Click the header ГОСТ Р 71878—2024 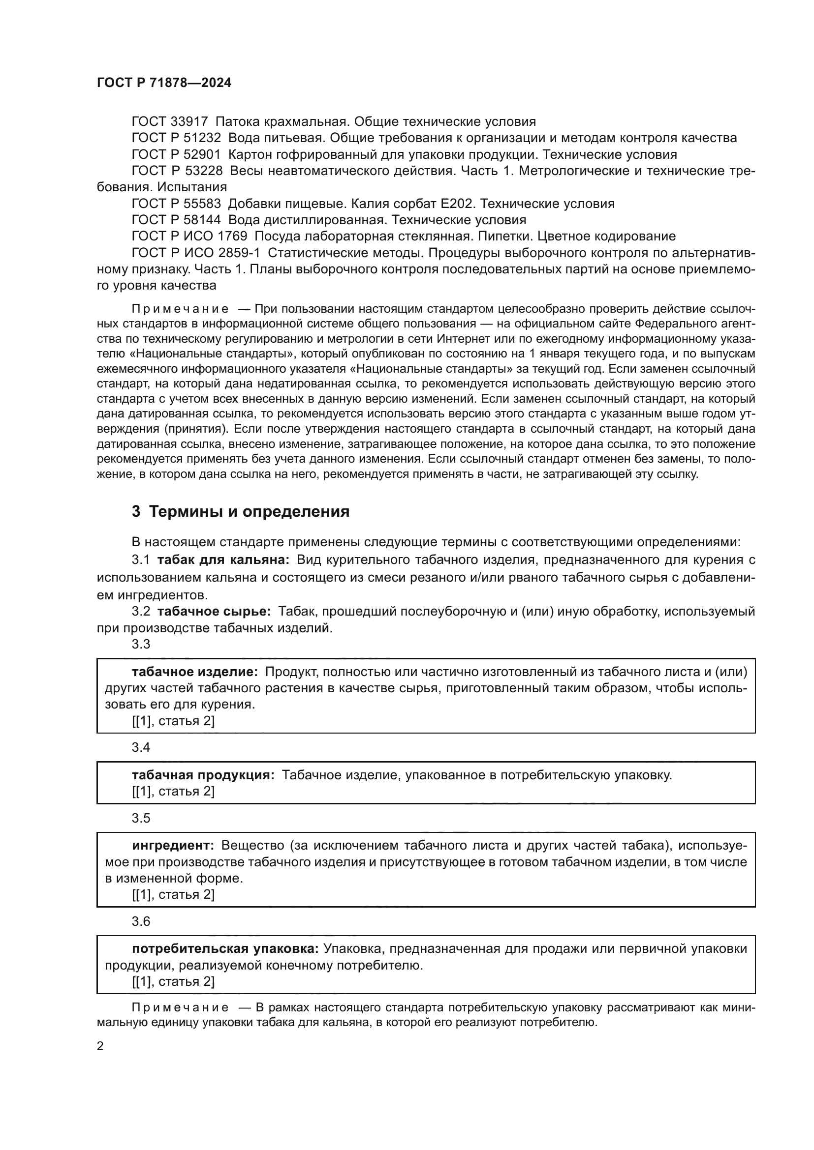pyautogui.click(x=164, y=83)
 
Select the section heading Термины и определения pyautogui.click(x=249, y=512)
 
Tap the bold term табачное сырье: pyautogui.click(x=214, y=612)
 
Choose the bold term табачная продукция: pyautogui.click(x=203, y=775)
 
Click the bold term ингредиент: pyautogui.click(x=173, y=846)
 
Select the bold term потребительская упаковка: pyautogui.click(x=225, y=948)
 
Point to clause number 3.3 pyautogui.click(x=141, y=644)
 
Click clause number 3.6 pyautogui.click(x=141, y=921)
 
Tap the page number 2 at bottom pyautogui.click(x=100, y=1047)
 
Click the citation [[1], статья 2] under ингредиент pyautogui.click(x=173, y=894)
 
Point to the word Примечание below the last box pyautogui.click(x=180, y=1007)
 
